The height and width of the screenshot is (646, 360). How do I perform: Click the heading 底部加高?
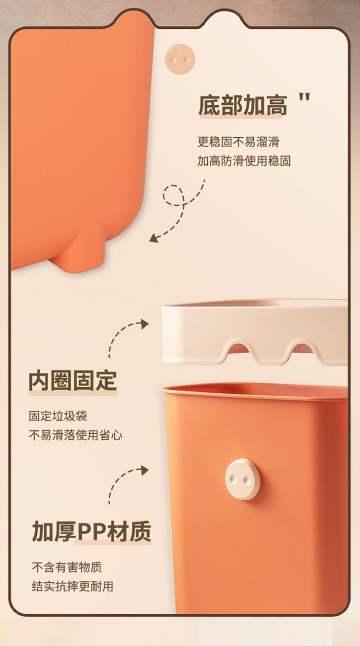(243, 105)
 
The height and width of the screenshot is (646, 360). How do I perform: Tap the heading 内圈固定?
(73, 381)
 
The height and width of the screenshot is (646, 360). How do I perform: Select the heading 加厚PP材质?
(92, 531)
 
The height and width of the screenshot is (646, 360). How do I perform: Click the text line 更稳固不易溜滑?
(238, 142)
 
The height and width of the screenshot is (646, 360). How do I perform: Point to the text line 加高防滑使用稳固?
(244, 161)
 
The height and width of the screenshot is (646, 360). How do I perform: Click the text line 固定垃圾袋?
(58, 416)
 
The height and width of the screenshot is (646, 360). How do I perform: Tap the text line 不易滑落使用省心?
(76, 435)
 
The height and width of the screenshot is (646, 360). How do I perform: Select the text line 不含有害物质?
(67, 567)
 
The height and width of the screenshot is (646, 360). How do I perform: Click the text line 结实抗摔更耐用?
(72, 586)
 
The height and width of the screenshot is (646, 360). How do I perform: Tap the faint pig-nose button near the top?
(180, 59)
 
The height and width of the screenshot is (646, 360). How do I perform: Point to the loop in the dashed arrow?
(174, 195)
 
